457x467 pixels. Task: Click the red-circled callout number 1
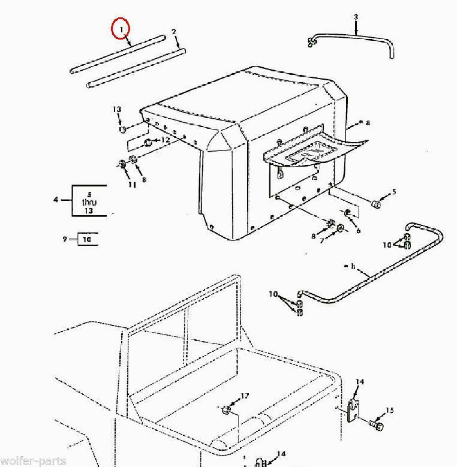tap(121, 29)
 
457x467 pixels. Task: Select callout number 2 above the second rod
tap(174, 32)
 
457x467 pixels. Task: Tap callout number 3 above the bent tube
tap(356, 17)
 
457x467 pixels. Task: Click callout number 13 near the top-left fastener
tap(117, 109)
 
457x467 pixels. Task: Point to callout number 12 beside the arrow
tap(166, 140)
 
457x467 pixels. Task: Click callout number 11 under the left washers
tap(133, 185)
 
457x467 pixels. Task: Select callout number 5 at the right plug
tap(394, 191)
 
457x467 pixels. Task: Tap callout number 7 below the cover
tap(322, 240)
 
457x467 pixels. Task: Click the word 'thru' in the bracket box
tap(89, 203)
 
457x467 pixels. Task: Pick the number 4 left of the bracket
tap(56, 199)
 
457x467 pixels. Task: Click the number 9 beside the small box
tap(65, 239)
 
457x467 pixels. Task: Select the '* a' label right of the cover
tap(365, 122)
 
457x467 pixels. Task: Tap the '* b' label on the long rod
tap(350, 266)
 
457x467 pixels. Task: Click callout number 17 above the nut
tap(245, 396)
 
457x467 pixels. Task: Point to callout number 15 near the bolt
tap(390, 411)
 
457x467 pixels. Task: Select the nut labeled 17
tap(227, 410)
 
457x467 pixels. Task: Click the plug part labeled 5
tap(376, 204)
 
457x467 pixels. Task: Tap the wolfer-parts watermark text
tap(33, 462)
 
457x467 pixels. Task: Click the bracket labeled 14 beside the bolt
tap(353, 410)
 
